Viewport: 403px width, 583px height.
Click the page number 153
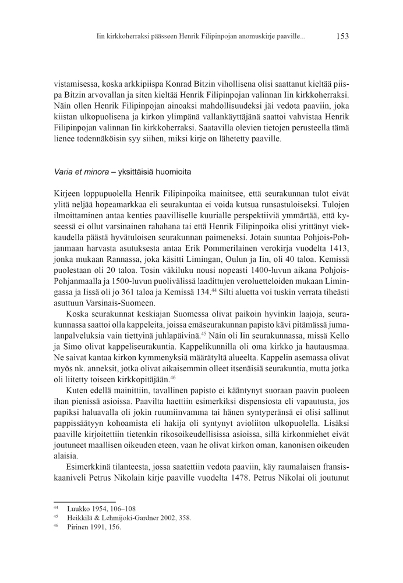(342, 36)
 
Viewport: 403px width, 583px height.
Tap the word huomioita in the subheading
(172, 173)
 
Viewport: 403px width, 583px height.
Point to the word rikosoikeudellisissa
(195, 435)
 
